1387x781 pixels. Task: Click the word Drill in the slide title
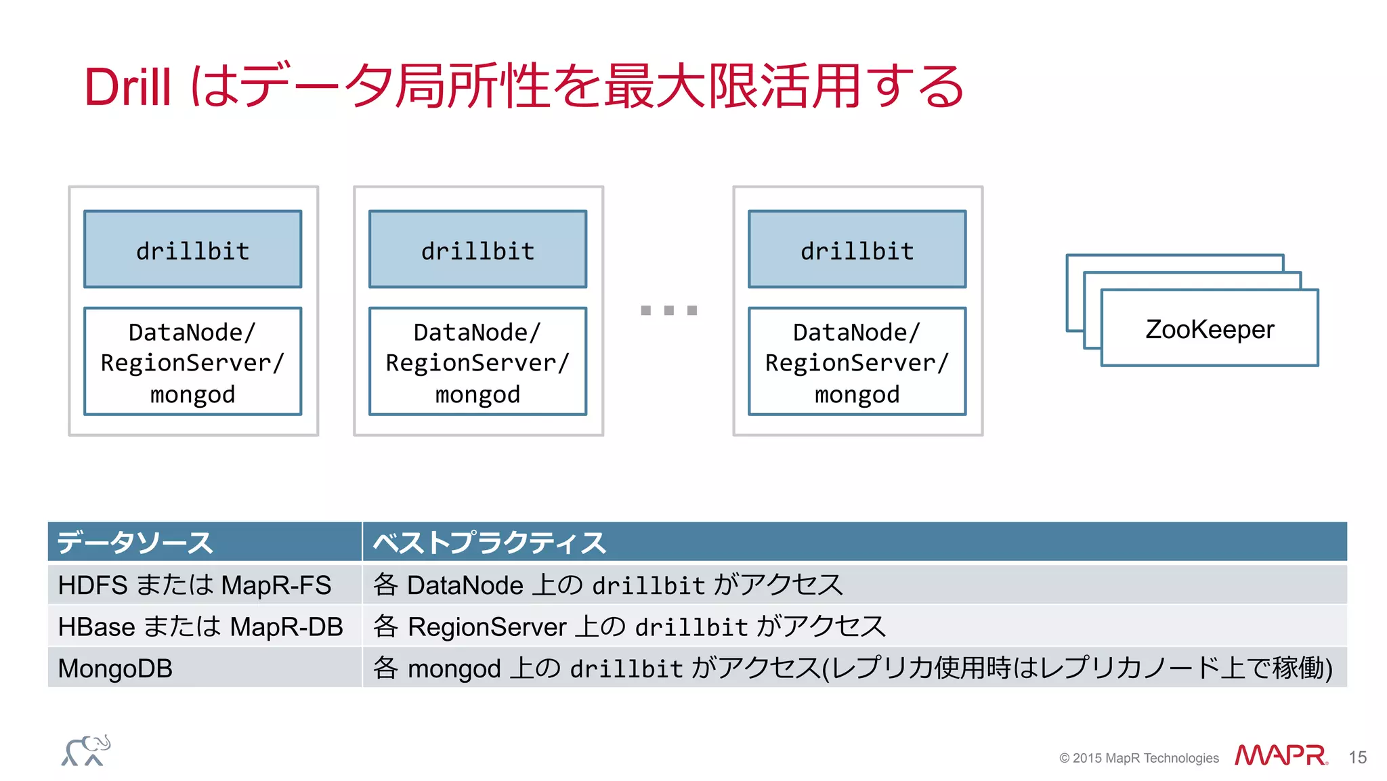pyautogui.click(x=127, y=87)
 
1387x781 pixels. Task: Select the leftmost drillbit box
pyautogui.click(x=192, y=250)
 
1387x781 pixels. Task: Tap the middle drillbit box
pyautogui.click(x=477, y=250)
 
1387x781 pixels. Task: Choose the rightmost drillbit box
pyautogui.click(x=857, y=250)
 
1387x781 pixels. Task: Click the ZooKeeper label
pyautogui.click(x=1210, y=329)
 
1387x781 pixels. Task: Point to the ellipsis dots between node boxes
pyautogui.click(x=668, y=310)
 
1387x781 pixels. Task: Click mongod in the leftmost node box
pyautogui.click(x=192, y=394)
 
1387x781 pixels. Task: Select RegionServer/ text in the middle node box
pyautogui.click(x=477, y=363)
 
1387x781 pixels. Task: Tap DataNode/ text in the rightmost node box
pyautogui.click(x=857, y=333)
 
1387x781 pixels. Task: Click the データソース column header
pyautogui.click(x=135, y=543)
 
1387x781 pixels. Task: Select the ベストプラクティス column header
pyautogui.click(x=489, y=543)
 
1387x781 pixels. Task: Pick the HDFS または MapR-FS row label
pyautogui.click(x=194, y=585)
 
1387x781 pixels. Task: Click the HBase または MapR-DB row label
pyautogui.click(x=200, y=627)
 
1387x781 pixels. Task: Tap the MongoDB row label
pyautogui.click(x=115, y=669)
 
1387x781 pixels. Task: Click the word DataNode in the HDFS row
pyautogui.click(x=465, y=585)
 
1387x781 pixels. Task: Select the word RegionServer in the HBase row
pyautogui.click(x=487, y=627)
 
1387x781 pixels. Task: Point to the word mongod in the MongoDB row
pyautogui.click(x=454, y=669)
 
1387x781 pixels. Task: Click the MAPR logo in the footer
pyautogui.click(x=1281, y=755)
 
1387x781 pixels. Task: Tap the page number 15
pyautogui.click(x=1357, y=757)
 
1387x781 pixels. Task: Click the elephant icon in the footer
pyautogui.click(x=86, y=751)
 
